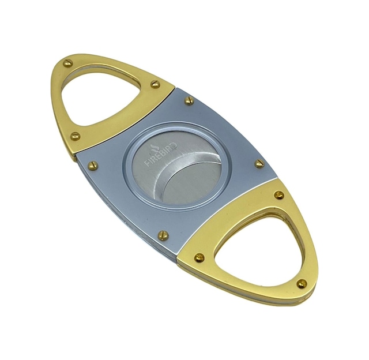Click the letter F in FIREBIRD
(146, 163)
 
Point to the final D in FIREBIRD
(174, 147)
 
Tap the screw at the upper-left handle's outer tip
(68, 63)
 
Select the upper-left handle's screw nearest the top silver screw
(155, 84)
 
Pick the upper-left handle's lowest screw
(76, 136)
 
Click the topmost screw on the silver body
(189, 100)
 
